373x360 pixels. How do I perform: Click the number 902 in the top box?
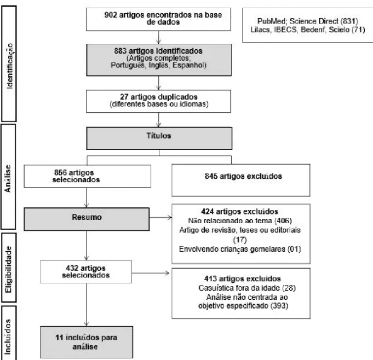[x=111, y=15]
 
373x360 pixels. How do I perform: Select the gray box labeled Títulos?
[x=159, y=138]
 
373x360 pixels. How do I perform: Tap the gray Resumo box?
[x=87, y=219]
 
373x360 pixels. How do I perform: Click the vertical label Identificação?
[x=9, y=66]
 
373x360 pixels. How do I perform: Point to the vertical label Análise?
[x=8, y=178]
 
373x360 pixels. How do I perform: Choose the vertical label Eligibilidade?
[x=9, y=270]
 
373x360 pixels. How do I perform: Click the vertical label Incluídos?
[x=8, y=336]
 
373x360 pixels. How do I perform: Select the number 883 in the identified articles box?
[x=120, y=51]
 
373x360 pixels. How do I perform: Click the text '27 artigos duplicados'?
[x=159, y=97]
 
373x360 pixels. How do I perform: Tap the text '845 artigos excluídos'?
[x=243, y=176]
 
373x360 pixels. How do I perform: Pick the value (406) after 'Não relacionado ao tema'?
[x=283, y=220]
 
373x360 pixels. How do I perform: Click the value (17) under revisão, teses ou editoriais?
[x=240, y=240]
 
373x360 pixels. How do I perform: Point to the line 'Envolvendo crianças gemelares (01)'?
[x=240, y=249]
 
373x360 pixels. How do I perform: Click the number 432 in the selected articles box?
[x=72, y=268]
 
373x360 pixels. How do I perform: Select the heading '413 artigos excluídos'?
[x=243, y=278]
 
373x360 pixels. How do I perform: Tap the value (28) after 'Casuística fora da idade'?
[x=289, y=288]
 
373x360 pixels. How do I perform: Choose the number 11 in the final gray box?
[x=59, y=338]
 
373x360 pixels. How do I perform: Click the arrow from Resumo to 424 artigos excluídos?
[x=160, y=217]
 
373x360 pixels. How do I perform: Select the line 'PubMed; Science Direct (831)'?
[x=308, y=21]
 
